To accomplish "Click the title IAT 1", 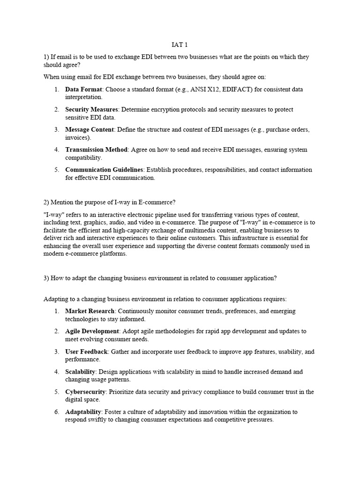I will (180, 45).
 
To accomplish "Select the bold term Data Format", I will (84, 89).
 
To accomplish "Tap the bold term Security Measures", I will (91, 109).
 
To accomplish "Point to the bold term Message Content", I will (90, 129).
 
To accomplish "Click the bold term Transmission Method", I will (96, 150).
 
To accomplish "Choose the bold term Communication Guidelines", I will (105, 170).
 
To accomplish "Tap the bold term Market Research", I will (90, 311).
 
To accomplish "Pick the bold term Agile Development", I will (92, 331).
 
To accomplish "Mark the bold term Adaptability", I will (83, 412).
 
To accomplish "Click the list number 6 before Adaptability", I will (56, 412).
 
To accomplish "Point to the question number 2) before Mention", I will (46, 202).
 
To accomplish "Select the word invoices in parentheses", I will (77, 138).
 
